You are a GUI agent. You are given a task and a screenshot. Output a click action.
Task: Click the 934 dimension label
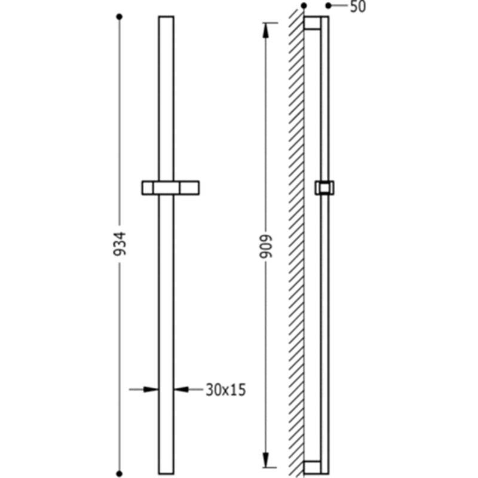click(119, 244)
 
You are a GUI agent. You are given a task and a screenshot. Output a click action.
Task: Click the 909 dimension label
click(265, 247)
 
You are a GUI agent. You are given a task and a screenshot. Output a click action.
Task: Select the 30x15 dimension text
click(226, 390)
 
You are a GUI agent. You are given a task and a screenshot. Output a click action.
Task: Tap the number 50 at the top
click(357, 7)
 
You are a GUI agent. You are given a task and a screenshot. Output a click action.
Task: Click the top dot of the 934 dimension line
click(119, 17)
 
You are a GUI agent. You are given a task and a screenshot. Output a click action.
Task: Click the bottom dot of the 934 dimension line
click(119, 473)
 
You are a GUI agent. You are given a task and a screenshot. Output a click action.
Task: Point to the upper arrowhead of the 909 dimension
click(265, 30)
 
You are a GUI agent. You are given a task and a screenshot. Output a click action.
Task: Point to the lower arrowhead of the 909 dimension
click(265, 459)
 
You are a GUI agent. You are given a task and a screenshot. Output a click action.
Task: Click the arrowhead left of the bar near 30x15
click(151, 390)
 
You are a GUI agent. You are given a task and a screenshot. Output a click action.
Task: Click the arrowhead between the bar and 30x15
click(182, 390)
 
